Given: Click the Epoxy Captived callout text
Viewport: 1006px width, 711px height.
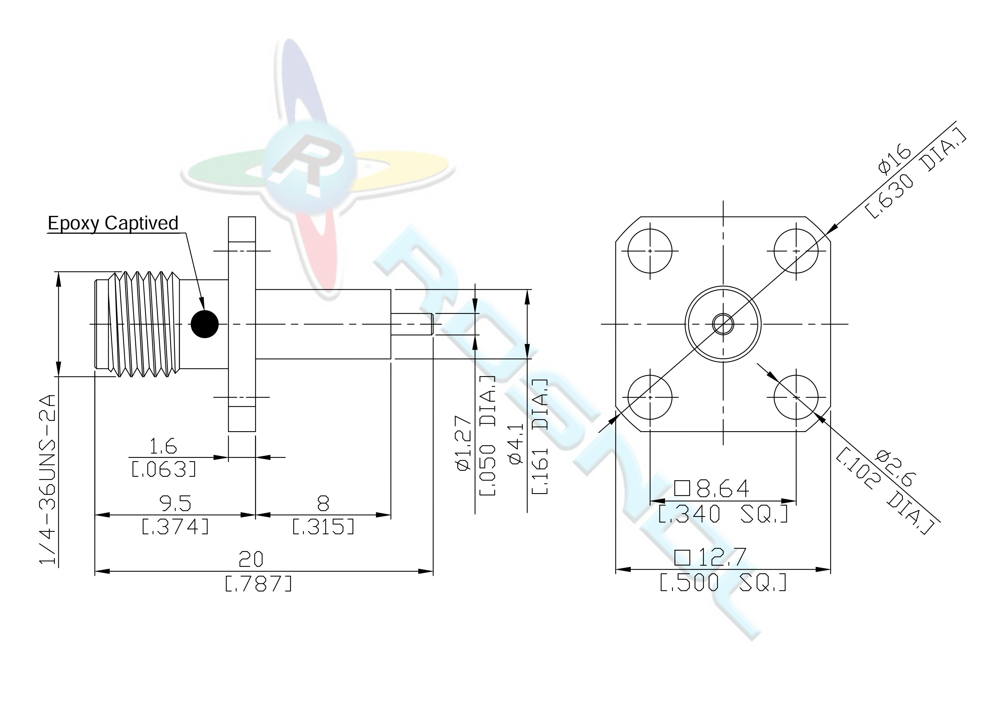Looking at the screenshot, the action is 113,223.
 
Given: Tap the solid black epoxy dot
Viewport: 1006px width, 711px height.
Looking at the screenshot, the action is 205,324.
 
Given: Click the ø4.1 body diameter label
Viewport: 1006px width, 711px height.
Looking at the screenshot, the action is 516,442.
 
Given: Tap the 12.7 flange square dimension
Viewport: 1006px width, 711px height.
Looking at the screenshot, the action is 710,558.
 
